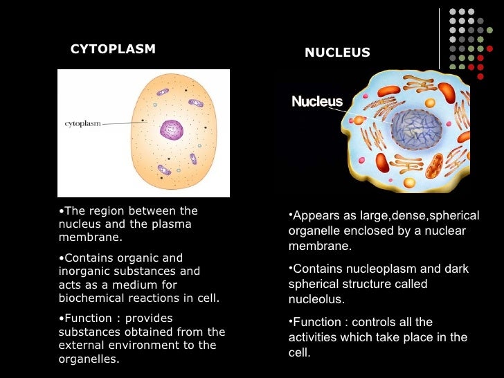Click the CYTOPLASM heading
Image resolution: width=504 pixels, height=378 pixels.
coord(113,49)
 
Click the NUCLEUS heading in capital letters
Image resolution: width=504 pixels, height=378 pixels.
coord(337,53)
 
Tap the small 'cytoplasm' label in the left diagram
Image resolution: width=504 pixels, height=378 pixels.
coord(82,123)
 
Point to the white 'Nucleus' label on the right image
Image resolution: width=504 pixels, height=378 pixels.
coord(317,102)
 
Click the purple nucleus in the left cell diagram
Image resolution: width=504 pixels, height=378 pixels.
coord(171,129)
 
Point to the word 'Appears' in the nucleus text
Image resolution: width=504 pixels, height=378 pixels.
coord(314,216)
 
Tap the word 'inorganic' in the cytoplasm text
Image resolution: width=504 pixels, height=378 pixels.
coord(83,271)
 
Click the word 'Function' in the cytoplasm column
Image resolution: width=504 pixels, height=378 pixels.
coord(84,318)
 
